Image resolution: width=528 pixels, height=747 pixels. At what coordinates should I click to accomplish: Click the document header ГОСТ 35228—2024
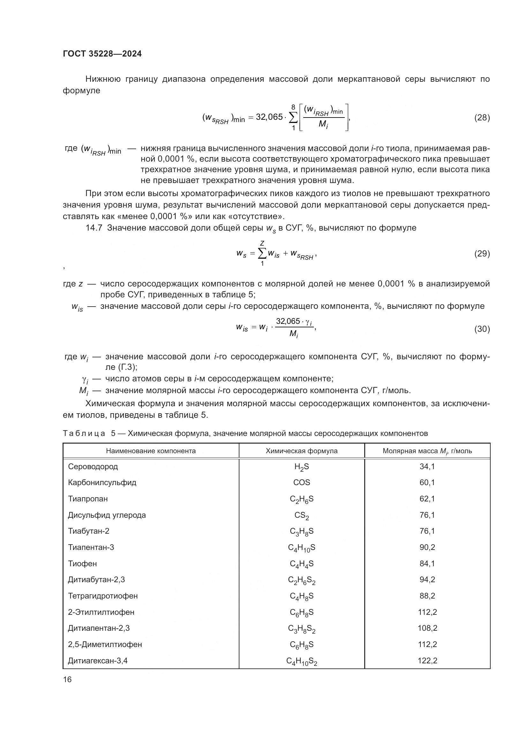102,54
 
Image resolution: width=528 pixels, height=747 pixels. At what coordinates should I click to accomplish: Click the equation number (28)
482,118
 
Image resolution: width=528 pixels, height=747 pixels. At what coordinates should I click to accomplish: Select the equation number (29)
482,254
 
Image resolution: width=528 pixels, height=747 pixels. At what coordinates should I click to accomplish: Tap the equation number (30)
482,329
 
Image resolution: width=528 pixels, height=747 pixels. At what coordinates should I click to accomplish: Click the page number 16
67,679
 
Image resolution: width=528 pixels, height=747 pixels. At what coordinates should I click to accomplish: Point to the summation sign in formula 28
293,118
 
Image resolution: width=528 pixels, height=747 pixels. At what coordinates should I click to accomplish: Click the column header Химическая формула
301,451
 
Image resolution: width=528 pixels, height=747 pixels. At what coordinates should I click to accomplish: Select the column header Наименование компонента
151,451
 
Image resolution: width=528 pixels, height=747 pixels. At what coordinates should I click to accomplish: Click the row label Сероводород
93,467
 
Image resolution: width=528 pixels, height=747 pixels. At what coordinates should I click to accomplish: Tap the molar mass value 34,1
427,467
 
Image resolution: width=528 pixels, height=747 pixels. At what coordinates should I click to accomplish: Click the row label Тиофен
82,563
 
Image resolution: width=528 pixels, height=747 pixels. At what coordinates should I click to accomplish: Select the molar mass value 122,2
427,660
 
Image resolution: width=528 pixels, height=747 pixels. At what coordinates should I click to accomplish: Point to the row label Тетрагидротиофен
103,596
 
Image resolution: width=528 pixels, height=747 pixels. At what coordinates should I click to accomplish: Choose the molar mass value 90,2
427,547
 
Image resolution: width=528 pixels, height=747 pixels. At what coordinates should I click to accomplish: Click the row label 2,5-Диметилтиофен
105,644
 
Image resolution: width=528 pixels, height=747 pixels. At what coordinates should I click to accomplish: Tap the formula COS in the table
301,483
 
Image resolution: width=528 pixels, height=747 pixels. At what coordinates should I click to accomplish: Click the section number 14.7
94,228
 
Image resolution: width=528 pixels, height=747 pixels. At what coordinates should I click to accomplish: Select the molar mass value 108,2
427,628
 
